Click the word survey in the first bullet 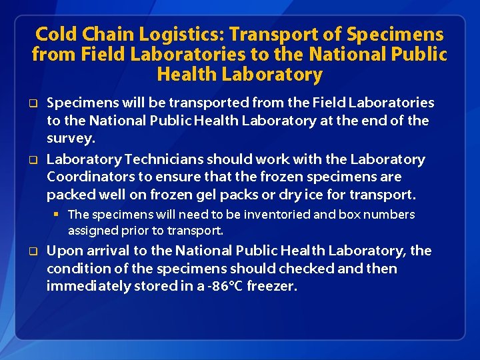tap(70, 139)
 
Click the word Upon tap(63, 251)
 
